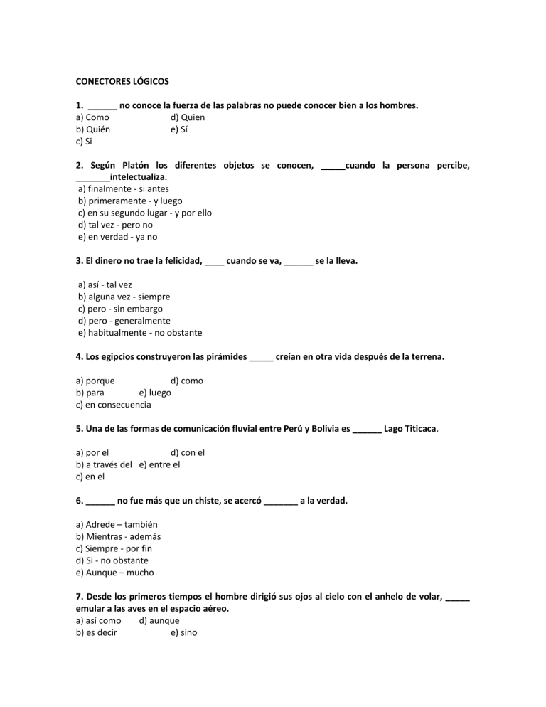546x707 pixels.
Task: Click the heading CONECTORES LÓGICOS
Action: tap(122, 81)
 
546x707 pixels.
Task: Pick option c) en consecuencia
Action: tap(113, 405)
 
